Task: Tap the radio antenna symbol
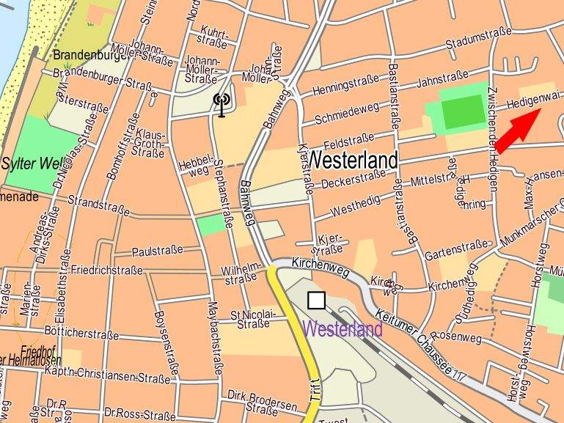(x=221, y=104)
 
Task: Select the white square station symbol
(x=316, y=300)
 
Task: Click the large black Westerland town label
(x=353, y=160)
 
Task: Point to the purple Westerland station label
(x=343, y=329)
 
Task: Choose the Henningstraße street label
(x=345, y=86)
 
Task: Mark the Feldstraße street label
(x=349, y=139)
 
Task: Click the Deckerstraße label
(x=353, y=177)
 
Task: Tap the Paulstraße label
(x=157, y=251)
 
